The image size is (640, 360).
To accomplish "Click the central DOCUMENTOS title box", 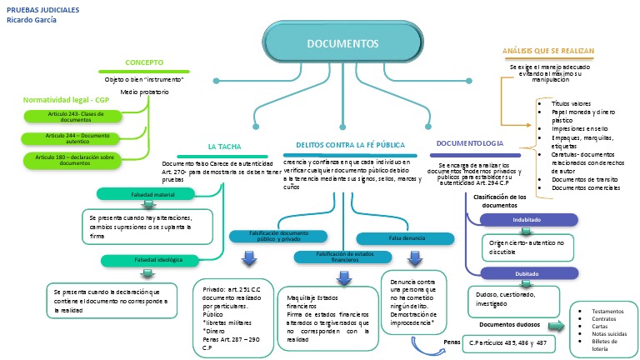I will (x=342, y=42).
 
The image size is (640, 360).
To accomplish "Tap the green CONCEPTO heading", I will (x=144, y=62).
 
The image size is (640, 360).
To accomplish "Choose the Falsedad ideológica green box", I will (x=153, y=260).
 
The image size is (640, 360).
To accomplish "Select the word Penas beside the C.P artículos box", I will (x=452, y=342).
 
